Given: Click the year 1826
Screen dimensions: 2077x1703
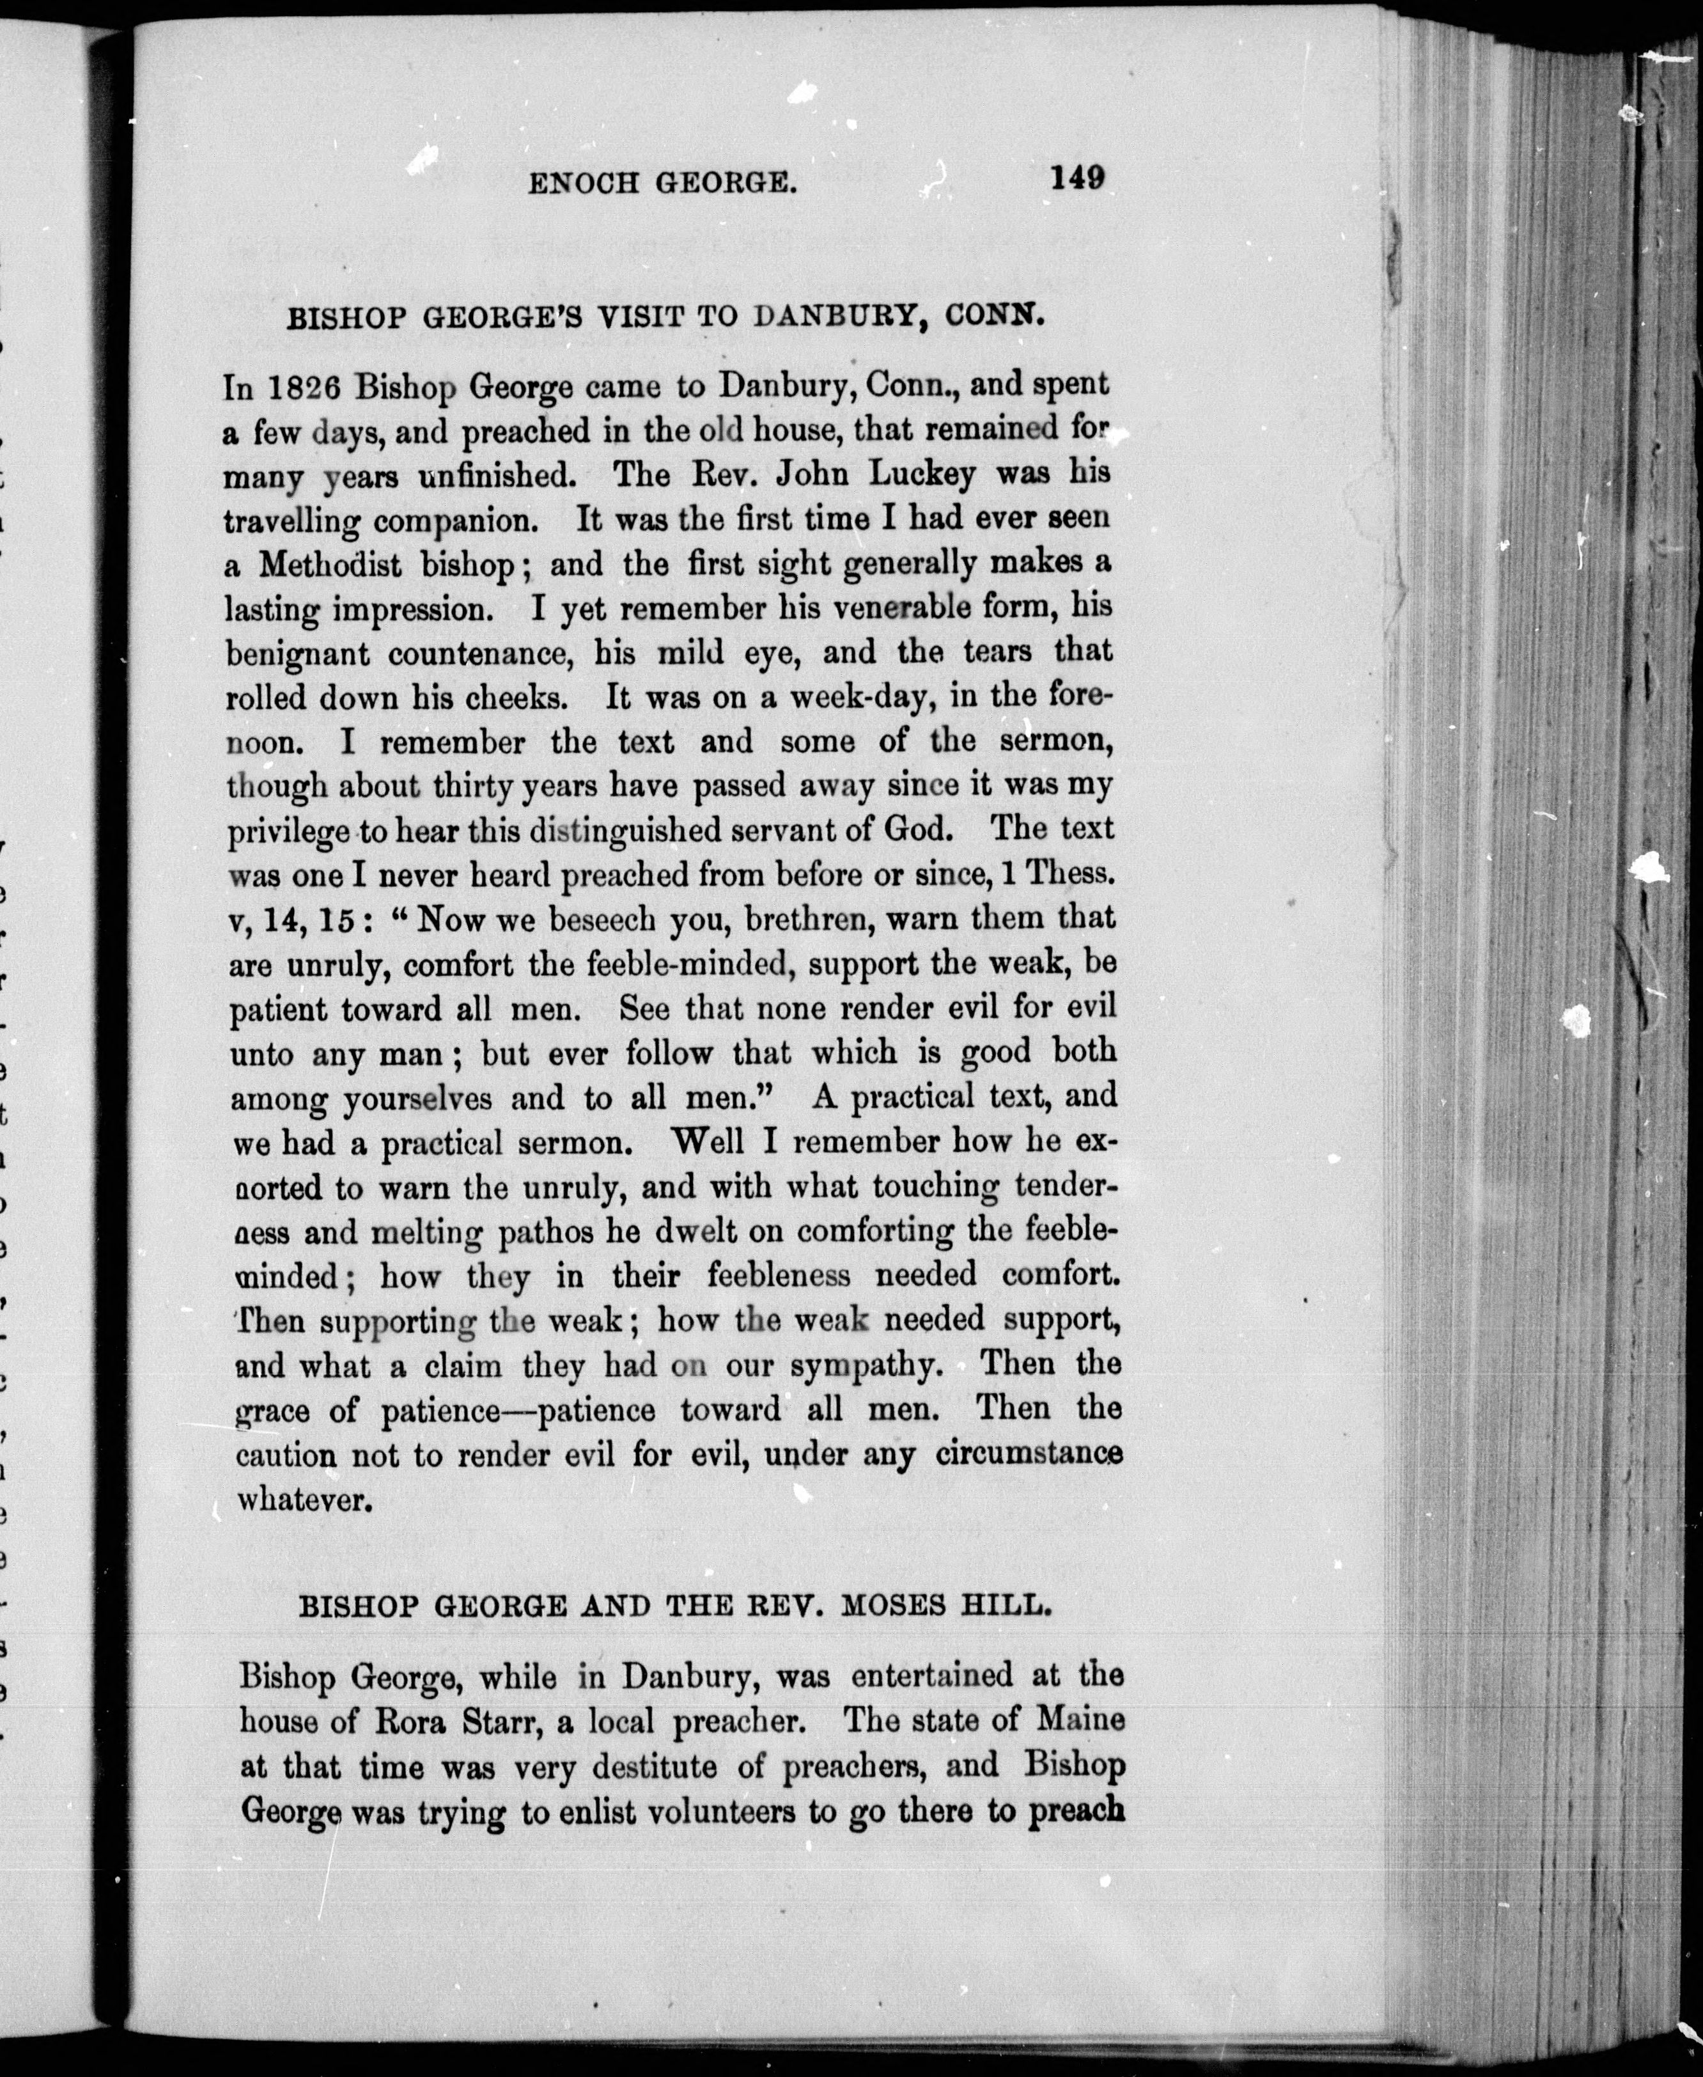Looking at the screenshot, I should [x=303, y=388].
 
